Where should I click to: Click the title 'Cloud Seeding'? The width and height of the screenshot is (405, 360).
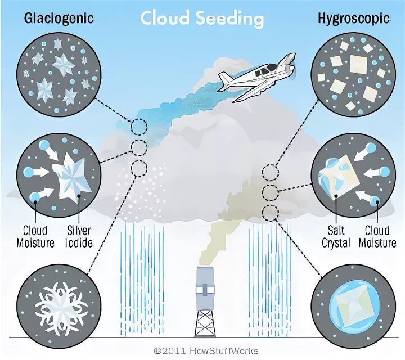coord(202,18)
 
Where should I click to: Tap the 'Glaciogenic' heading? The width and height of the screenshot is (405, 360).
coord(58,18)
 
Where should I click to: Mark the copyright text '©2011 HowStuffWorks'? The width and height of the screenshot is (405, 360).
coord(202,348)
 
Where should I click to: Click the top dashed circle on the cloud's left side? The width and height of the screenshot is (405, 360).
coord(137,127)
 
